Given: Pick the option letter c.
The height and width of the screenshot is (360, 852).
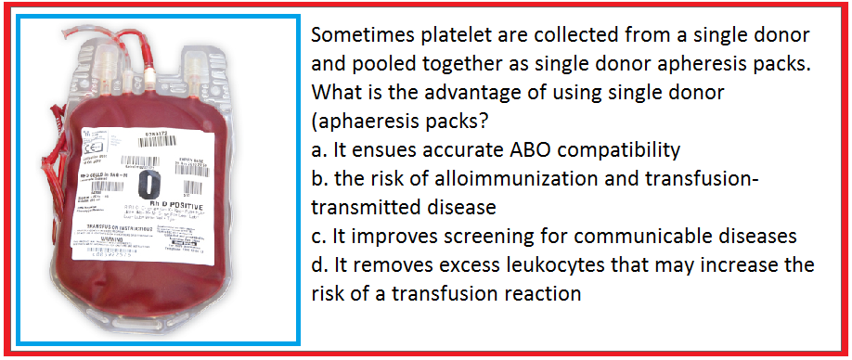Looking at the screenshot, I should (317, 238).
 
